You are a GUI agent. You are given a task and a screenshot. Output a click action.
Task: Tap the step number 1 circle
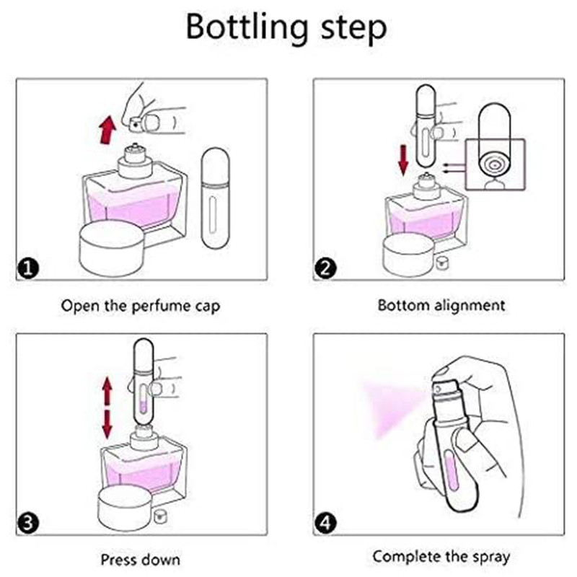pos(27,269)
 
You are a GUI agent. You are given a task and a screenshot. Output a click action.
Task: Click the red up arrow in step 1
pos(107,130)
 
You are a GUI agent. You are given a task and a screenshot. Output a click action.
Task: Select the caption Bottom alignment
pos(441,305)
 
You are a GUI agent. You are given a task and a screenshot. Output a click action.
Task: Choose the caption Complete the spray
pos(441,556)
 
